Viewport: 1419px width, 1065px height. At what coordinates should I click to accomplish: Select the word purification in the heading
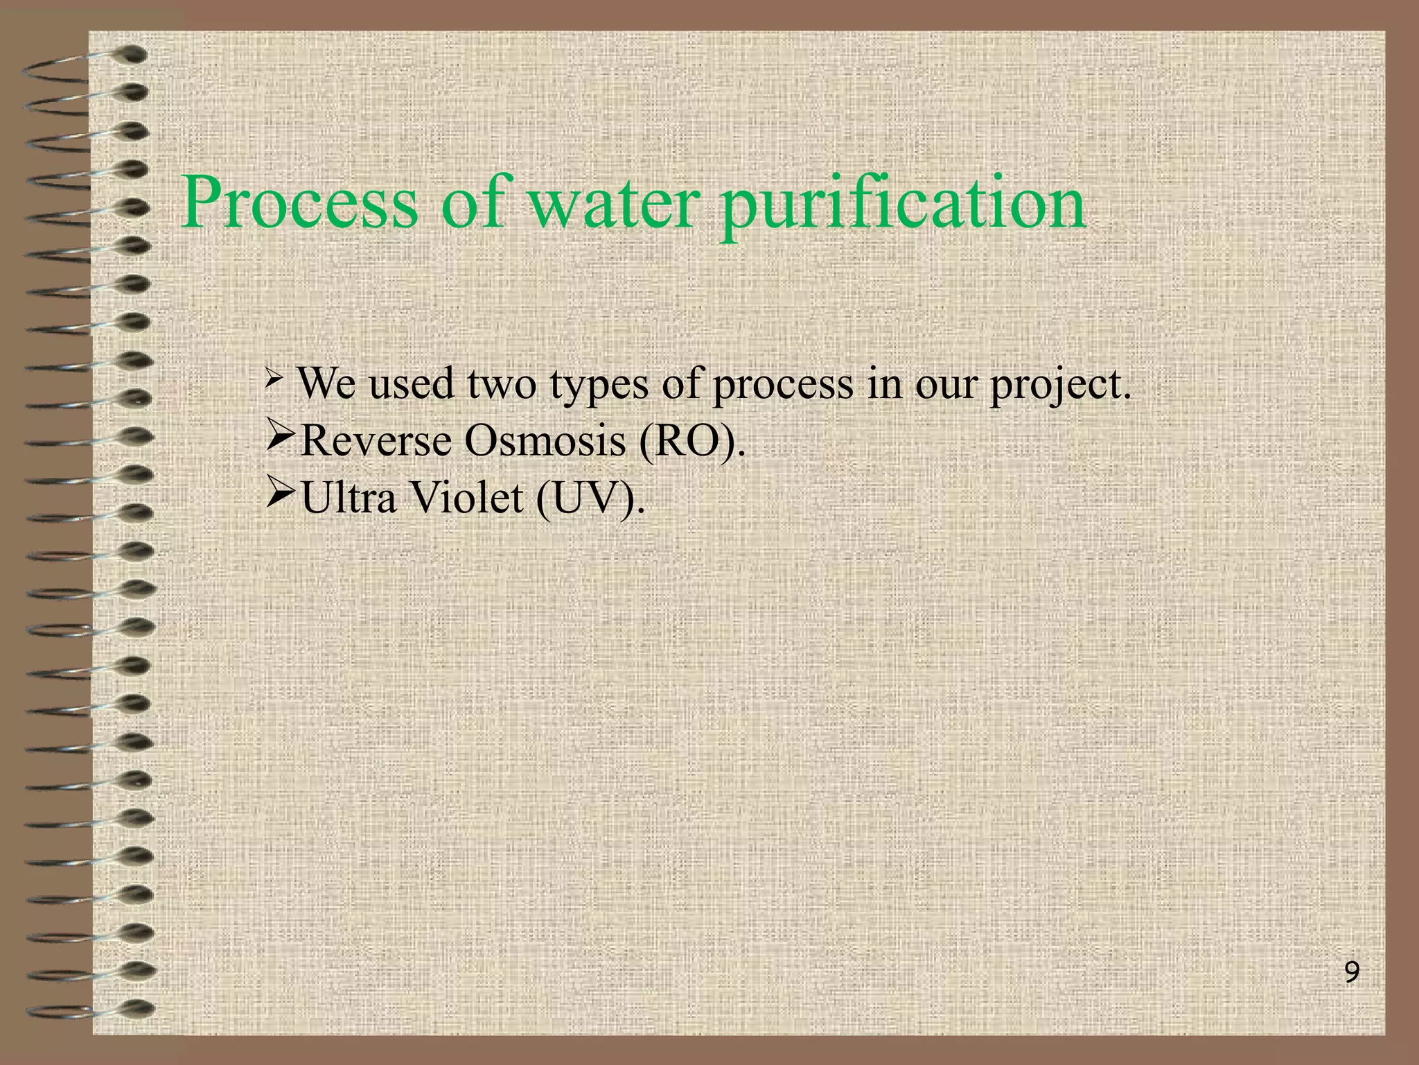[901, 205]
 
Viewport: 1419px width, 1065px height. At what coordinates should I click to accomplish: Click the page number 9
[1351, 973]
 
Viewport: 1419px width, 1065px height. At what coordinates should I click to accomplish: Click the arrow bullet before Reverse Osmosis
[281, 438]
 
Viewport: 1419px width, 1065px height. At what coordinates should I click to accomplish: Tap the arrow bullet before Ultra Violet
[281, 495]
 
